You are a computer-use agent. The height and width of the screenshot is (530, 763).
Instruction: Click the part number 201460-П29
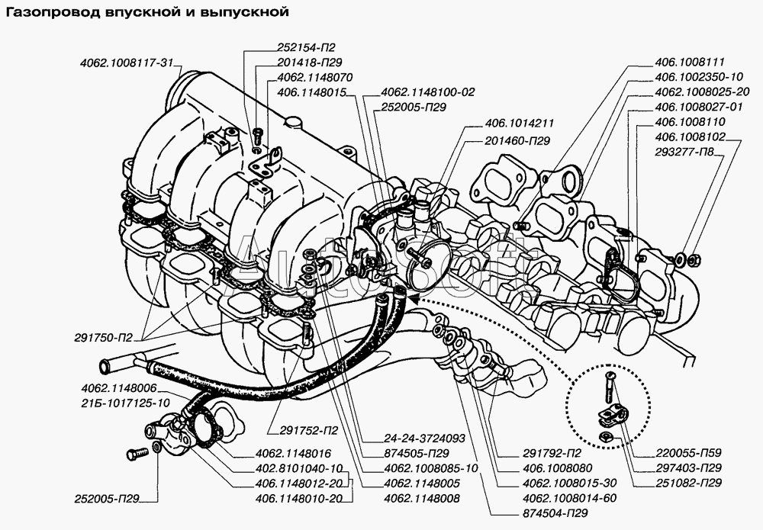(x=517, y=141)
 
